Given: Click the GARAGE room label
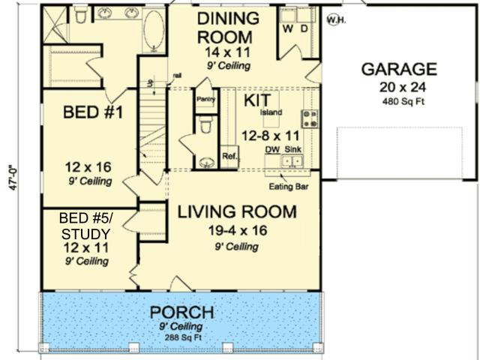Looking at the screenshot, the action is pos(399,69).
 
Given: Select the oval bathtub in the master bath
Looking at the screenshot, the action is pos(154,30).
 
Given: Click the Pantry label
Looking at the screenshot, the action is pos(205,99).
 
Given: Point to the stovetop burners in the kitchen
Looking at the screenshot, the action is pos(310,118).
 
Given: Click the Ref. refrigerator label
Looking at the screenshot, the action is pos(230,156).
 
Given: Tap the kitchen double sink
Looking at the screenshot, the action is pos(292,160).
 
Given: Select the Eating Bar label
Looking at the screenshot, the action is pos(289,187).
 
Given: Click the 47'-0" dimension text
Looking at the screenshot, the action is pos(13,178).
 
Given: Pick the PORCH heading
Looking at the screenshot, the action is pos(181,313).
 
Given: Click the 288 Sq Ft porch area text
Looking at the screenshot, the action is pos(183,338).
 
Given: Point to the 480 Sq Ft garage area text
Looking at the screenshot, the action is pos(403,101).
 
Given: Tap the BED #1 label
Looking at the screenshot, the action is pos(93,112).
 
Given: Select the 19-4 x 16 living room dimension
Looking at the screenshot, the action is pos(238,230).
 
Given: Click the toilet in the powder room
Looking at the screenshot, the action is pos(205,124).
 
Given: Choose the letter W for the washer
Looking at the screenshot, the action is pos(288,29).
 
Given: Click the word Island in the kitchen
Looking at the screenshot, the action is pos(271,112).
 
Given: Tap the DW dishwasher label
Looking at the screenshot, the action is pos(272,149).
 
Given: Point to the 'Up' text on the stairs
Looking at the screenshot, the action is pos(151,82).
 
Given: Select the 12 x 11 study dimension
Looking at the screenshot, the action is pos(85,247).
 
